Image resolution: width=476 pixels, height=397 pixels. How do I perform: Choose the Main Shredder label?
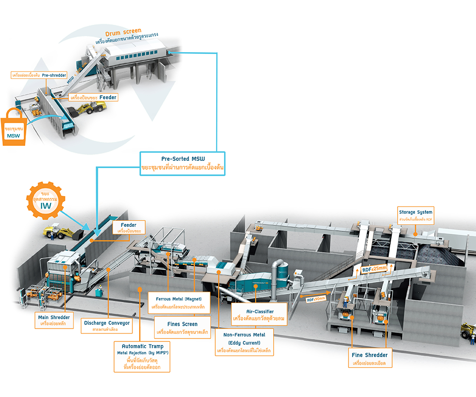[54, 320]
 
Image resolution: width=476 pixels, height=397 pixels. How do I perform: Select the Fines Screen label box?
[182, 328]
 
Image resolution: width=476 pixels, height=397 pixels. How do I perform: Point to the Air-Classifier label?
[252, 314]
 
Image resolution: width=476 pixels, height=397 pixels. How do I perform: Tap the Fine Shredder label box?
[370, 359]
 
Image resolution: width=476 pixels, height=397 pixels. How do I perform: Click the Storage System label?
[416, 215]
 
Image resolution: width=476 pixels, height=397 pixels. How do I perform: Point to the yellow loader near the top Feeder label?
[89, 106]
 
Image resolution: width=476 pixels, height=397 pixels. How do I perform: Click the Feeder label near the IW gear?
[129, 228]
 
